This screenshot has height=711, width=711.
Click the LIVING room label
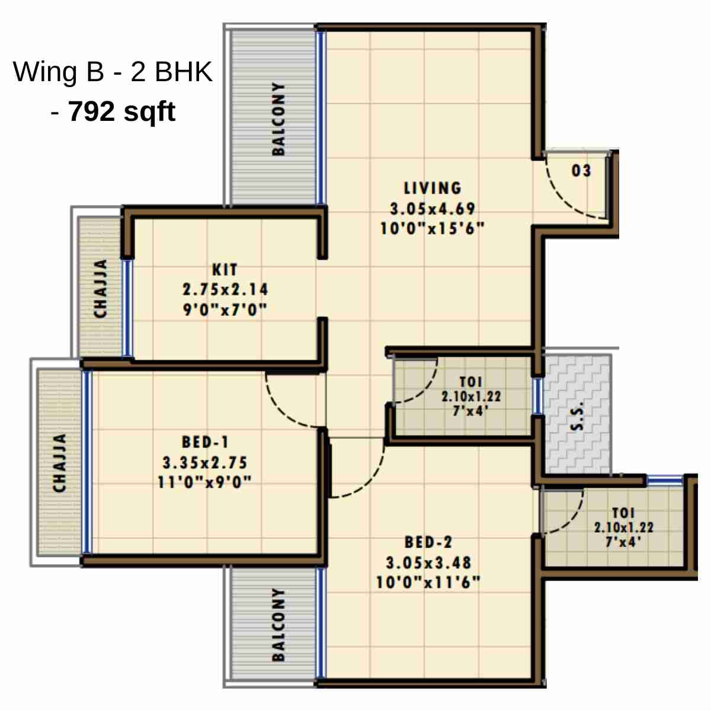433,188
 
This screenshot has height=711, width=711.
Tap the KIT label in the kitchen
225,270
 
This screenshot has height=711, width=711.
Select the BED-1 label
205,443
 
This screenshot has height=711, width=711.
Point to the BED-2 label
428,542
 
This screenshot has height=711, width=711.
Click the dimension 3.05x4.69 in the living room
433,209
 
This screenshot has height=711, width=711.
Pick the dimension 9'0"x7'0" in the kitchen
225,309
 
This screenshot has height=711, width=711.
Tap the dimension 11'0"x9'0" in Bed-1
205,482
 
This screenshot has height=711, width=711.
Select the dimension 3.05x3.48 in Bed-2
428,562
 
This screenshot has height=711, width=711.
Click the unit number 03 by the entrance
581,171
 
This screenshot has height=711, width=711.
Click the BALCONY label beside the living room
278,118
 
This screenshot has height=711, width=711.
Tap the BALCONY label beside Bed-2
278,624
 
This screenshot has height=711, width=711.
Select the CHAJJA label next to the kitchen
101,288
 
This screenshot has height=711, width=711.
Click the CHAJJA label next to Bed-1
59,463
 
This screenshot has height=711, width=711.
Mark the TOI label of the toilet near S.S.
471,382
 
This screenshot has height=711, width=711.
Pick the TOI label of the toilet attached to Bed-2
623,513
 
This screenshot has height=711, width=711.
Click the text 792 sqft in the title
121,111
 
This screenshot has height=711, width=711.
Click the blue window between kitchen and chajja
127,308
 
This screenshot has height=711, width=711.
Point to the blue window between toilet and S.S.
537,396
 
